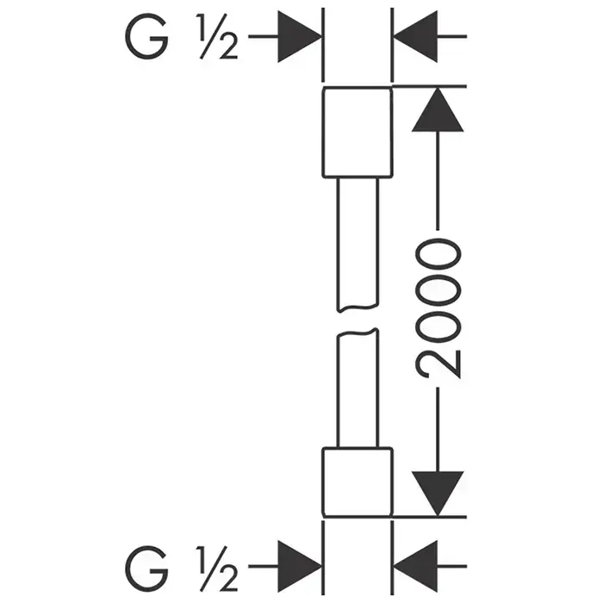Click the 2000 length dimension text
click(438, 310)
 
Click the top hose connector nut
click(356, 134)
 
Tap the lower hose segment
click(356, 388)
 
